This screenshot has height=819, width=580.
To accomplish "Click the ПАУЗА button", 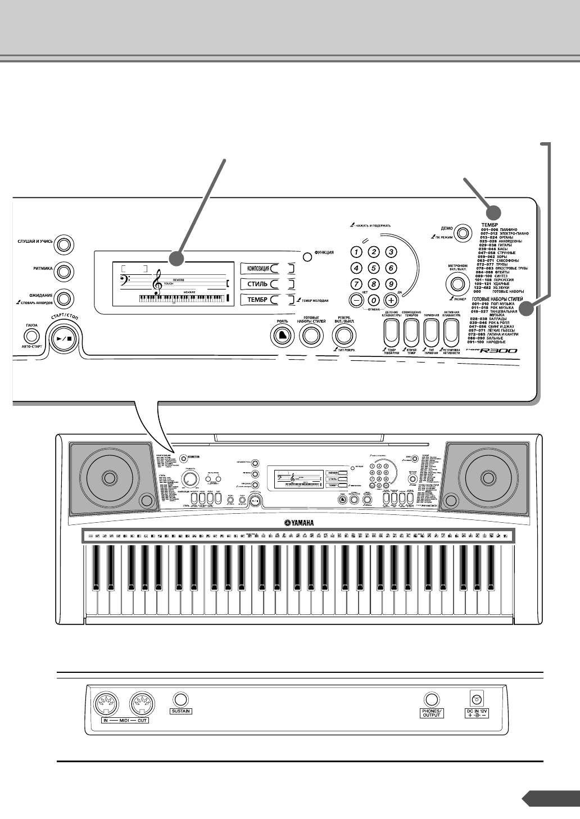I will tap(31, 336).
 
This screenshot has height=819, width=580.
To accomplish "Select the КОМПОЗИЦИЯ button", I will tap(260, 268).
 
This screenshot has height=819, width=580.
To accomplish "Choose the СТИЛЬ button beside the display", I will tap(260, 284).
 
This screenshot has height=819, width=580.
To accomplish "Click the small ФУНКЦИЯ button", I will tap(307, 257).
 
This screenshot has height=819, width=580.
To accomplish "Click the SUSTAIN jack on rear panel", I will tap(180, 699).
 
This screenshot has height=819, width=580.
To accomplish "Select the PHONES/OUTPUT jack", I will tap(431, 699).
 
